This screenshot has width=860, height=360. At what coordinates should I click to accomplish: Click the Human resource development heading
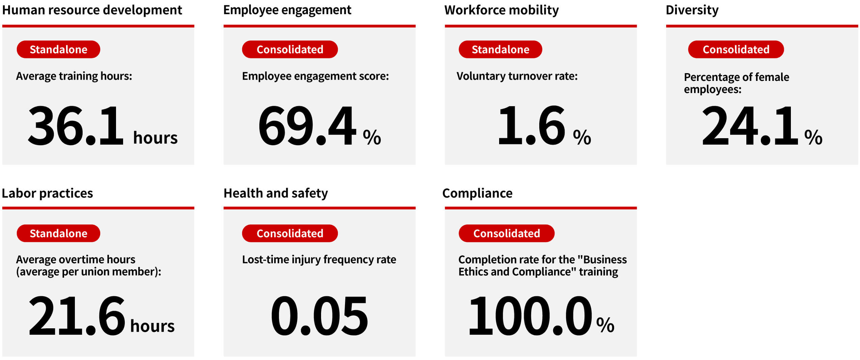point(92,10)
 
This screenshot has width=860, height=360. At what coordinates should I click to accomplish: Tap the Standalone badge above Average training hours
point(58,50)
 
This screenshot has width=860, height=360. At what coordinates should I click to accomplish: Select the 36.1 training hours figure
point(76,126)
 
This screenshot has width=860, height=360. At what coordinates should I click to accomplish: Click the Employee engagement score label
point(315,76)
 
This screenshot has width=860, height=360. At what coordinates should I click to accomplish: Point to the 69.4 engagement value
point(307,126)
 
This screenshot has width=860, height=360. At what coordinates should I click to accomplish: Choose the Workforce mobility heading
point(501,10)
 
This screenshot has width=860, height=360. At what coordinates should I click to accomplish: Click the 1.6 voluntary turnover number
point(531,126)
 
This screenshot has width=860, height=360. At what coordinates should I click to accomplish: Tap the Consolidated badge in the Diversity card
point(736,50)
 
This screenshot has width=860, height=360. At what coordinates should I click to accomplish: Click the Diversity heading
point(692,10)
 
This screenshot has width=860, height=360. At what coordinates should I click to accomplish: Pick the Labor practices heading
point(47,193)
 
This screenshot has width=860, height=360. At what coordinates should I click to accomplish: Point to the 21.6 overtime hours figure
point(77,316)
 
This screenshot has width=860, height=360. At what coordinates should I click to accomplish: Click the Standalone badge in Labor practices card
point(58,233)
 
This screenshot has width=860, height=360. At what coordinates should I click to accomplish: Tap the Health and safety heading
point(276,193)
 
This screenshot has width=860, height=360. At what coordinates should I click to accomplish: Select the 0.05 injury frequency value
point(319,316)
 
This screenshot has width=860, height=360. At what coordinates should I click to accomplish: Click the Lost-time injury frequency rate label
point(319,260)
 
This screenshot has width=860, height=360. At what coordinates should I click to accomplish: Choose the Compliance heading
point(477,193)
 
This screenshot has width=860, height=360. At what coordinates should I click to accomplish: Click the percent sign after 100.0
point(605,325)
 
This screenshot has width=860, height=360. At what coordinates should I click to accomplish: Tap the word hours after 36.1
point(155,138)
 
